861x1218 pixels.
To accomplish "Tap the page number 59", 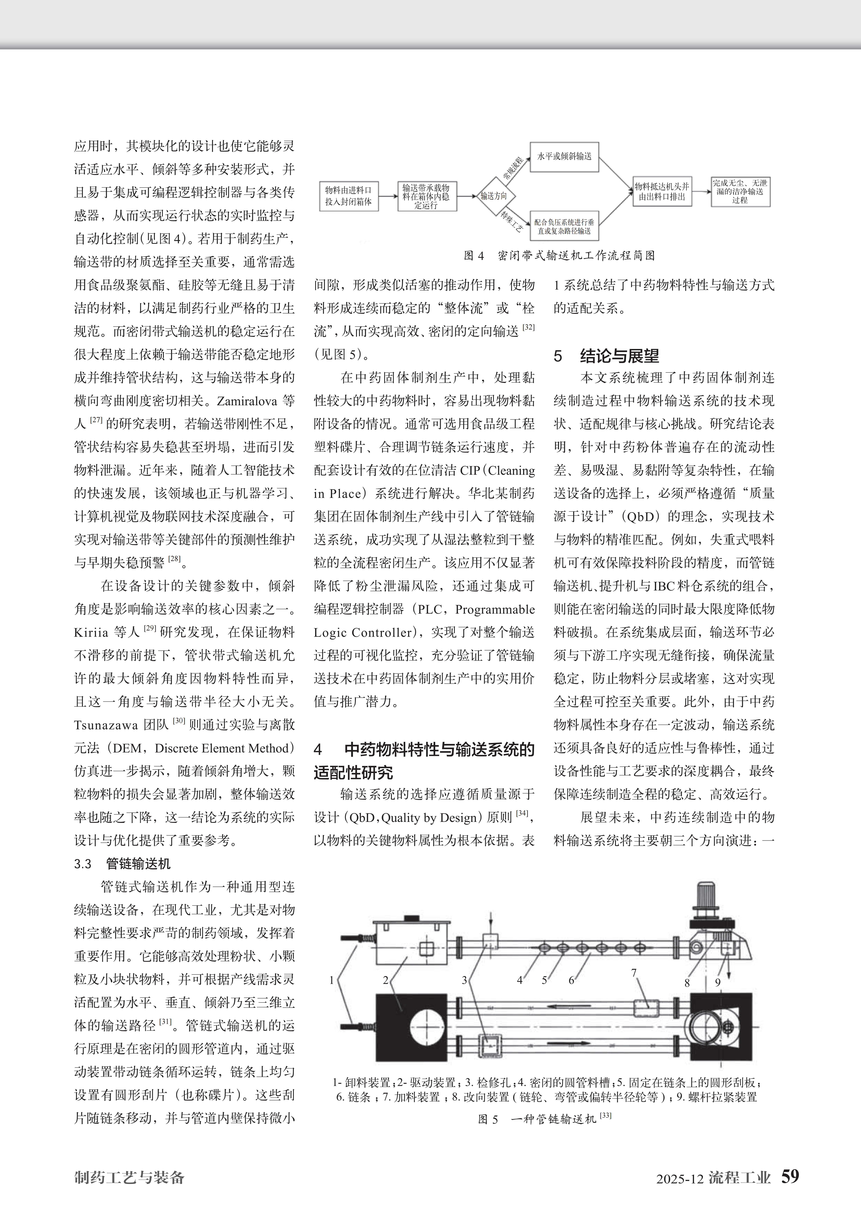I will pos(790,1176).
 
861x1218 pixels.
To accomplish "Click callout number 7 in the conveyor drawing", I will pos(633,972).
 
